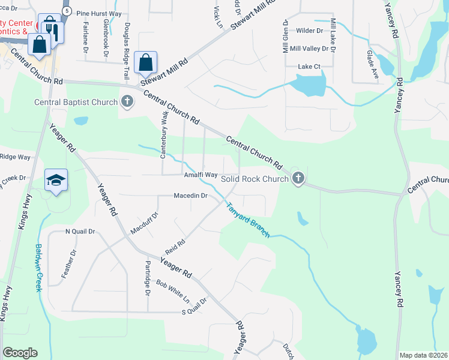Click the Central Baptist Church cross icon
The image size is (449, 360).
coord(127,102)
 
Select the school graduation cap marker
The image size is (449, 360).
coord(56,181)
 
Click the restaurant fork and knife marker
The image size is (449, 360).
coord(51,29)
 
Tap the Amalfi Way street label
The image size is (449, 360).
coord(200,175)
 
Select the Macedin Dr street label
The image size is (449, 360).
coord(190,196)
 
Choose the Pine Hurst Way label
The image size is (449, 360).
coord(98,13)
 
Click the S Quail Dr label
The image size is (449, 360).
coord(194,311)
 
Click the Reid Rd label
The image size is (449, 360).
coord(175,247)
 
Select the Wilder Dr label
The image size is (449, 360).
coord(310,30)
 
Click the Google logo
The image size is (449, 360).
coord(20,353)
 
